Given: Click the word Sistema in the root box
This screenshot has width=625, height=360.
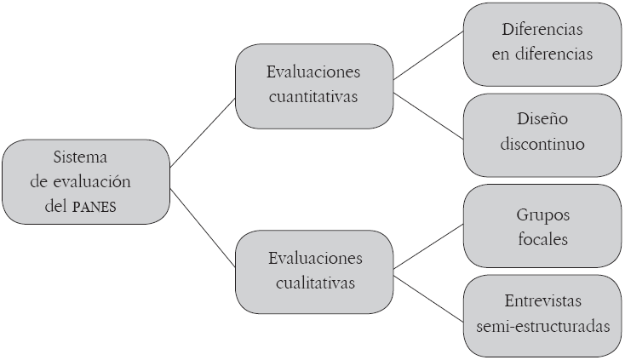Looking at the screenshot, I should (x=83, y=158).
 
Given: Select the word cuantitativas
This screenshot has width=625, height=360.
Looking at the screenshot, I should (x=313, y=96).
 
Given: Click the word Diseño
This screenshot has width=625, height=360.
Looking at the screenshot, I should (x=542, y=118).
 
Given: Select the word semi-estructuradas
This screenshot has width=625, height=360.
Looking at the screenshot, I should (x=542, y=327).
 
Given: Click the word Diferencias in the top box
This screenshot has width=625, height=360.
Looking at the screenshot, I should (x=542, y=28).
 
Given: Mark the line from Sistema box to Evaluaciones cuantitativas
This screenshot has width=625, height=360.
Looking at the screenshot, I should (x=202, y=132).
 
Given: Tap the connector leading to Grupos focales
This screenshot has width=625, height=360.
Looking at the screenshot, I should (x=428, y=245).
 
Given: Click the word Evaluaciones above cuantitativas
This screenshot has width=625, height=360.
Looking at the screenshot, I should (x=313, y=72).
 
